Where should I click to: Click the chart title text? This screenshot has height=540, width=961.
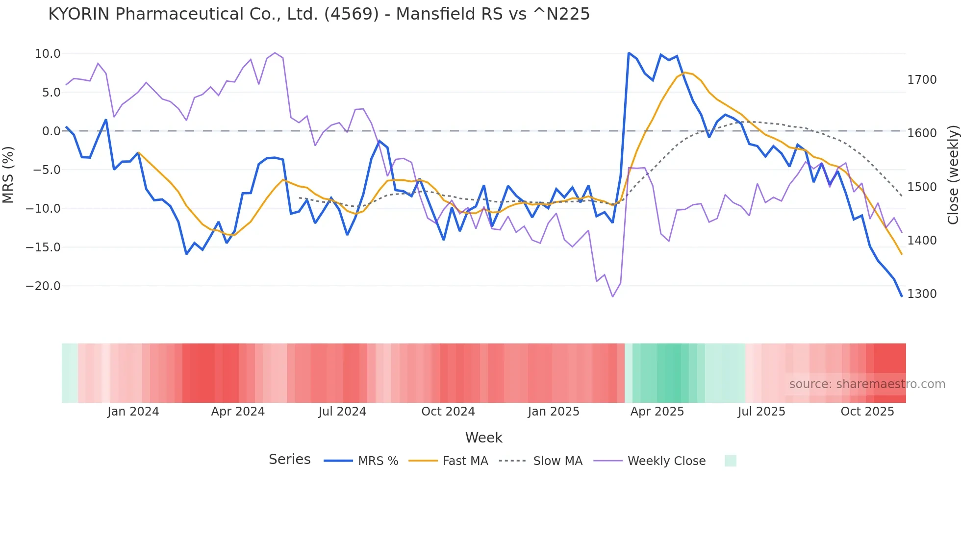click(319, 14)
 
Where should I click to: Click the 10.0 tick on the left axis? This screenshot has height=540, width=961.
click(48, 54)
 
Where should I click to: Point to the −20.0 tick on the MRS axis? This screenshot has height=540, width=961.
click(43, 286)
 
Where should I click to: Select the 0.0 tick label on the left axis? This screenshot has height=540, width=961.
click(51, 131)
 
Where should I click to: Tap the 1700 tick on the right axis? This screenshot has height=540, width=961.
click(922, 80)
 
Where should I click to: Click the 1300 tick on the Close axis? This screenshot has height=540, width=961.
click(922, 294)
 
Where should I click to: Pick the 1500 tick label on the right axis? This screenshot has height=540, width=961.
click(922, 187)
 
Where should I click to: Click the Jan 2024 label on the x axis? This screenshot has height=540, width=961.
click(133, 412)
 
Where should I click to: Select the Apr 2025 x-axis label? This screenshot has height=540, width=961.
click(657, 412)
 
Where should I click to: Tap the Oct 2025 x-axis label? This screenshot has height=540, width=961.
click(867, 412)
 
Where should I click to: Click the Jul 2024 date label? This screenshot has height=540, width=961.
click(342, 412)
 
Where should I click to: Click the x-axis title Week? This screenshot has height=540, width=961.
click(483, 438)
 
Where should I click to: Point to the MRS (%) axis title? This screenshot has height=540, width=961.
click(8, 175)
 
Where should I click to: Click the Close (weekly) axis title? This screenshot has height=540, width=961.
click(953, 175)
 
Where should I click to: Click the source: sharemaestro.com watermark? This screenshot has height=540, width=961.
click(867, 384)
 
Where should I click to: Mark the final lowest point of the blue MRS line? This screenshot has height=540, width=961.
click(901, 296)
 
